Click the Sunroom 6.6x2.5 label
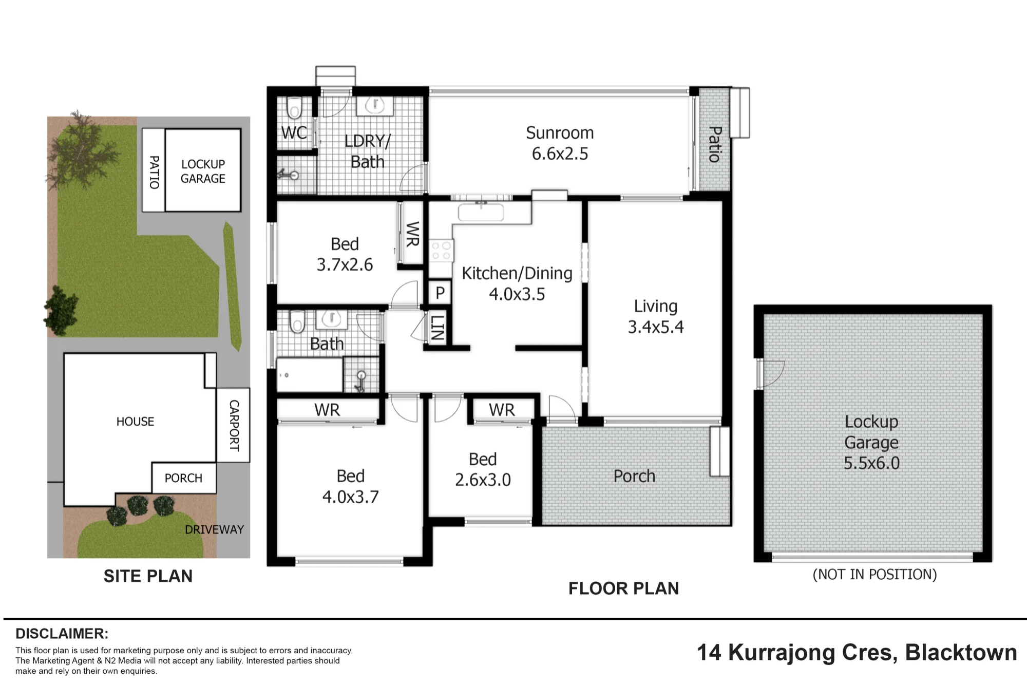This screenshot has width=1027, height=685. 560,143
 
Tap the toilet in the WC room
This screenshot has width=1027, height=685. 294,107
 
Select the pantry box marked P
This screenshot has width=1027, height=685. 440,293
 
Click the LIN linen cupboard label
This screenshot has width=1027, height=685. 437,328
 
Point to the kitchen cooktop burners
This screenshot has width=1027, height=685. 441,251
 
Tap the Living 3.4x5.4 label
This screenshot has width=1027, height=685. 656,316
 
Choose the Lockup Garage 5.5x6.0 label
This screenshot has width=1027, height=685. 871,442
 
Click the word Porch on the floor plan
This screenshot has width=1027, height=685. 634,476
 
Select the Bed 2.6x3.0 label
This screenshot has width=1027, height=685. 483,469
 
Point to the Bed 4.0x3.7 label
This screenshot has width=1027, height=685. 350,486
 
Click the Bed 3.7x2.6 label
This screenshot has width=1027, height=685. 345,254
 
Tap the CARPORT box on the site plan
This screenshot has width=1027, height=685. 233,425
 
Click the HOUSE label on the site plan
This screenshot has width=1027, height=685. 135,422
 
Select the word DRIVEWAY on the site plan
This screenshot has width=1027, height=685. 214,529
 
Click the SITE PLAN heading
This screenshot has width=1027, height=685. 148,576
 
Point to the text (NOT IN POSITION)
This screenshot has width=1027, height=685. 874,574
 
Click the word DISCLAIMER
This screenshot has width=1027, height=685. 62,633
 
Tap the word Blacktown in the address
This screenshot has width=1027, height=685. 961,652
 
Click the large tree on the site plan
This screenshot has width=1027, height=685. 81,149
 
